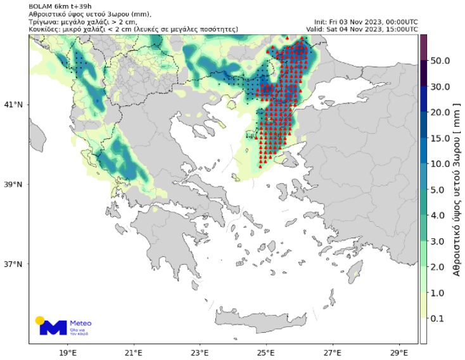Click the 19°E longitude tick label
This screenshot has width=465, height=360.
tap(68, 352)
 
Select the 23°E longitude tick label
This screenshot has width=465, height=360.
tap(200, 352)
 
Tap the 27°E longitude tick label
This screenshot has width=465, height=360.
tap(333, 352)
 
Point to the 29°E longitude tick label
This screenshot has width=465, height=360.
tap(398, 352)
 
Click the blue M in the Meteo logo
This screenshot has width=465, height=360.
tap(53, 328)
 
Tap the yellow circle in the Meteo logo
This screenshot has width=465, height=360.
tap(40, 321)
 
